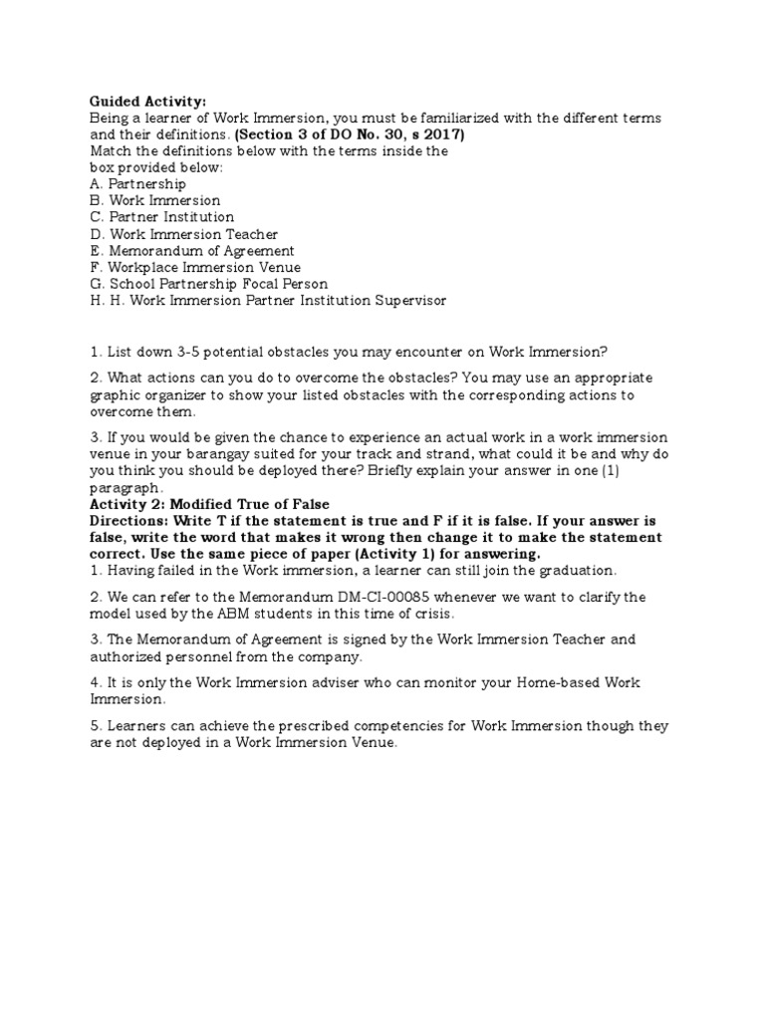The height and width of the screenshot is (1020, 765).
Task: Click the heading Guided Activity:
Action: point(147,102)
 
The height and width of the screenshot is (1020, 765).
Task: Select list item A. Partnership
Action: point(137,184)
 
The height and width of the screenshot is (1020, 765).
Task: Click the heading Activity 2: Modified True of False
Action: point(209,505)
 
